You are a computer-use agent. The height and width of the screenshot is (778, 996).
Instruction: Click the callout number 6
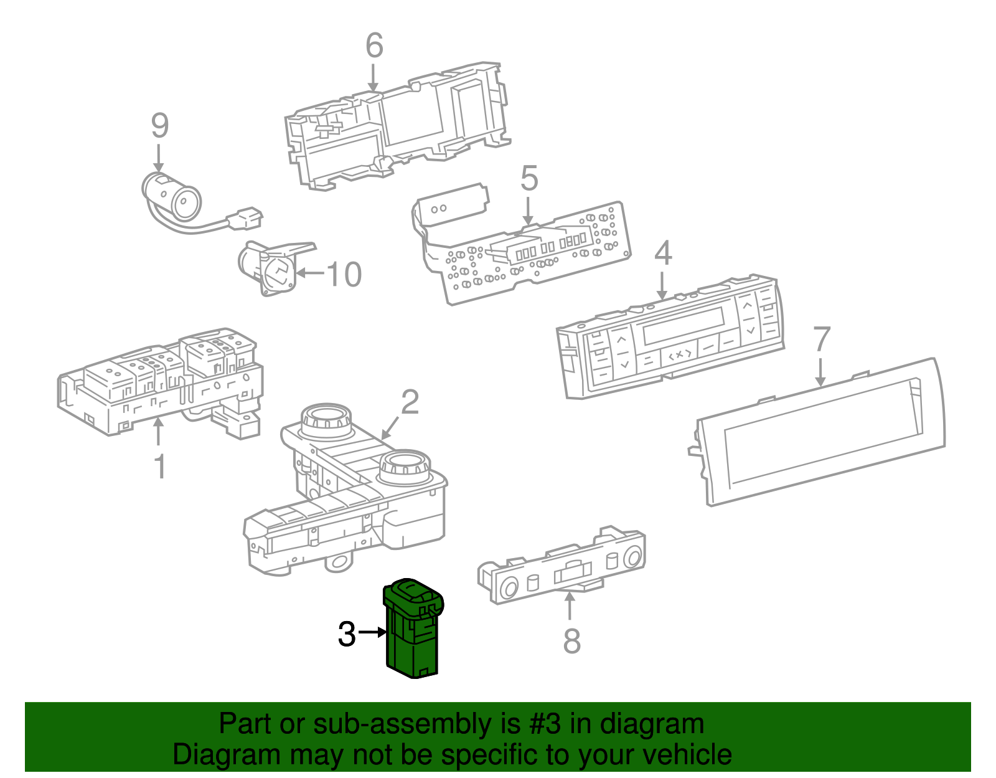point(374,45)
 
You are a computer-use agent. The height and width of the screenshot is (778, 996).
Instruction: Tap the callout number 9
point(160,126)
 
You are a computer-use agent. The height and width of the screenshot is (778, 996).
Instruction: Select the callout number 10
point(344,274)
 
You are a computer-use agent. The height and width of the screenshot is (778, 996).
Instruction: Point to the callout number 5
point(529,179)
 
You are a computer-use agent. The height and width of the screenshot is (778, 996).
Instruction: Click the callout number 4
point(663,253)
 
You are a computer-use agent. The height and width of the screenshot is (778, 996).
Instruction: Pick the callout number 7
point(822,339)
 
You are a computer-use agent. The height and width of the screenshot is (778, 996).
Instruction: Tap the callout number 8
point(571,641)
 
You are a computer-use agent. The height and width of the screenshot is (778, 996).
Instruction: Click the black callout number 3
point(347,634)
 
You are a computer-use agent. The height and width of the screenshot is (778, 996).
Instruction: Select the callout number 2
point(410,402)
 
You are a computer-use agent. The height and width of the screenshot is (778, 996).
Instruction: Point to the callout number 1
point(160,466)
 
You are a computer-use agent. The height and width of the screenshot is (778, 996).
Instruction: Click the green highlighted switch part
point(413,629)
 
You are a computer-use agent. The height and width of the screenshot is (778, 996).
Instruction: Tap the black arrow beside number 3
point(373,632)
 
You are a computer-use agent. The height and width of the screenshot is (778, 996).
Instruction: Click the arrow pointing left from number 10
point(310,273)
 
